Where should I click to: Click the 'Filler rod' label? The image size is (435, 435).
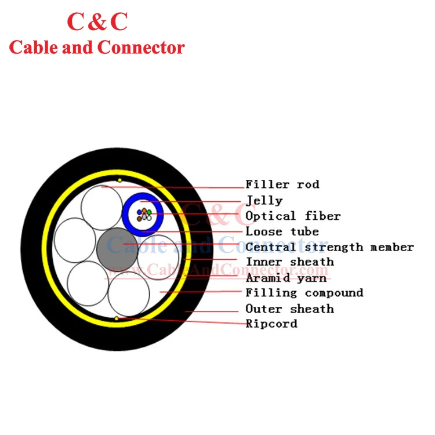tap(282, 184)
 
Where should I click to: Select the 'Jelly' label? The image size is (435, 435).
tap(264, 201)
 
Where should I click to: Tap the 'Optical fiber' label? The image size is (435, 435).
tap(293, 216)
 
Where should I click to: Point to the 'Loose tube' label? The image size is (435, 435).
tap(282, 231)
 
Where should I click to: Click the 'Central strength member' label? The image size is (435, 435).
tap(330, 247)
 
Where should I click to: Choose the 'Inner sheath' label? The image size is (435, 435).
tap(290, 262)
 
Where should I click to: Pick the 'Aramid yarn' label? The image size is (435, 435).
tap(287, 278)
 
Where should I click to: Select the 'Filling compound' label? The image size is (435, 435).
tap(304, 293)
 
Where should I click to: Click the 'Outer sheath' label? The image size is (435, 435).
tap(289, 309)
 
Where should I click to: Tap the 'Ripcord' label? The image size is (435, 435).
tap(271, 324)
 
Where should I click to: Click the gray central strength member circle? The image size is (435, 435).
tap(117, 249)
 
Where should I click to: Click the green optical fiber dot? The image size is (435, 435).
tap(149, 212)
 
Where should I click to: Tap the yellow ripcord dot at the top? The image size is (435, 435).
tap(119, 180)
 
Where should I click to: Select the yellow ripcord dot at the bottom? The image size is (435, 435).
tap(117, 318)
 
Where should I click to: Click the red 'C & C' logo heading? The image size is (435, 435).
tap(97, 21)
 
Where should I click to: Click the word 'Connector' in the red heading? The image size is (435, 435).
tap(141, 48)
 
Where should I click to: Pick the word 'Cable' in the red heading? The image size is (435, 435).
tap(34, 47)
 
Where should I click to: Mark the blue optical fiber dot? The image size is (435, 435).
tap(139, 212)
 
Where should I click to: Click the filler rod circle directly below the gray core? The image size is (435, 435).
tap(128, 294)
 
